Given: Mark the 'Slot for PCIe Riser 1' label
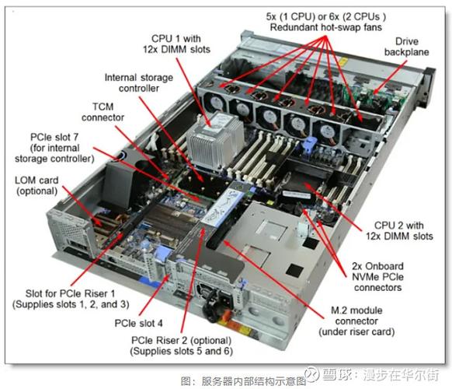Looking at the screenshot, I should (x=68, y=297).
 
